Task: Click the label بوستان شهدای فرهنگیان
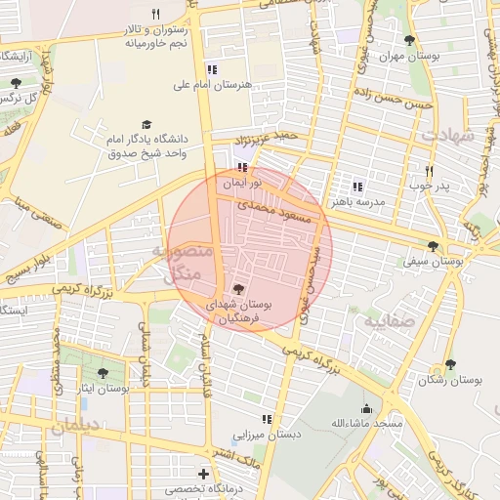click(240, 312)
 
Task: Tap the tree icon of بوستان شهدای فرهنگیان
click(240, 289)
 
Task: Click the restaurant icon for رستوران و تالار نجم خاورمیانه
click(154, 14)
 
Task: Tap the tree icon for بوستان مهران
click(408, 40)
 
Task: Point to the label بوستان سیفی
click(433, 262)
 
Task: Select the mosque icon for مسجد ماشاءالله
click(366, 408)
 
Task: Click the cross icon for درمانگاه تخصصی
click(203, 474)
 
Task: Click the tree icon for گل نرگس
click(16, 83)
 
